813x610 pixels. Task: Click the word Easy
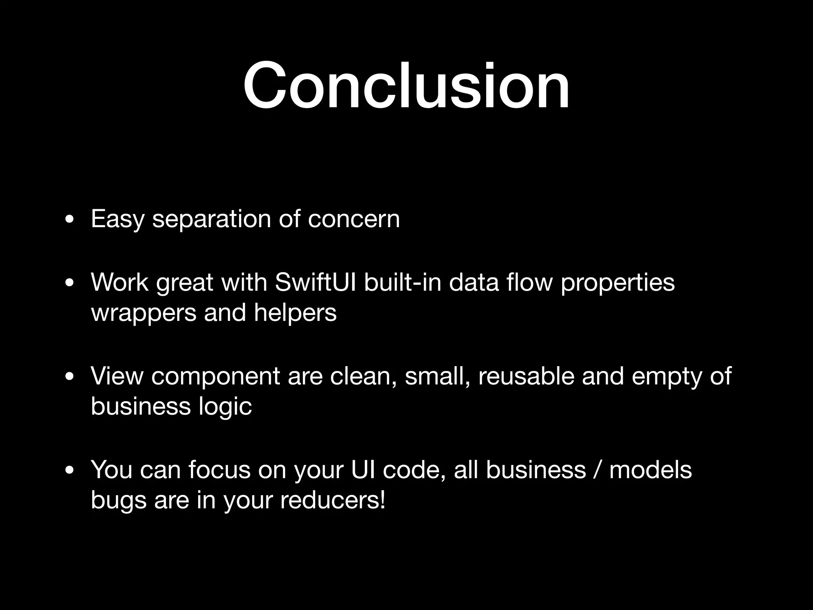(x=117, y=219)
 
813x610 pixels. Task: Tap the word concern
(x=354, y=219)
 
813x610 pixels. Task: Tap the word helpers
(x=295, y=313)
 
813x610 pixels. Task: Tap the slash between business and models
(x=597, y=470)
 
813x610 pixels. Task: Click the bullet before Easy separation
(x=70, y=220)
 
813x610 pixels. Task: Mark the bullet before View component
(x=70, y=377)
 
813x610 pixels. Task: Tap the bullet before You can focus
(x=70, y=471)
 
